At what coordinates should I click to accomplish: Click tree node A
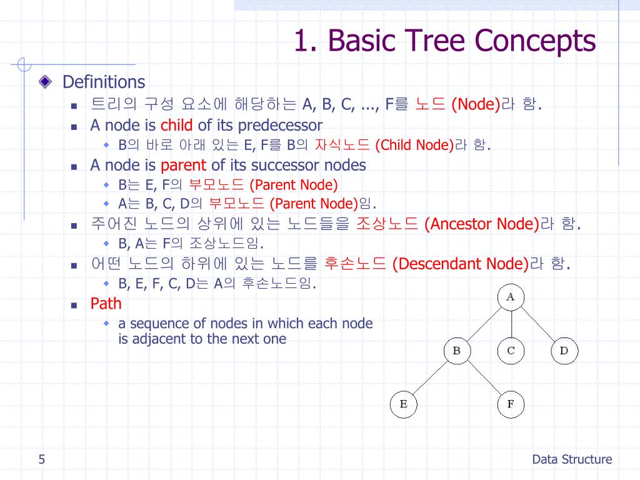click(x=511, y=297)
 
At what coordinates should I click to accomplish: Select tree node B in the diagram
click(x=456, y=351)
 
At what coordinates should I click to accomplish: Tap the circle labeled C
click(x=511, y=351)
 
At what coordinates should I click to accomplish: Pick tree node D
click(x=564, y=351)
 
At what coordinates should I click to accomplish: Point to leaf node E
click(x=403, y=404)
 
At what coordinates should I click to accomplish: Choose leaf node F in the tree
click(x=510, y=404)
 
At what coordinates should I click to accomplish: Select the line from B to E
click(x=430, y=377)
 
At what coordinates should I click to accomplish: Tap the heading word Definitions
click(x=104, y=82)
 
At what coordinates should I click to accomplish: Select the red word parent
click(x=183, y=165)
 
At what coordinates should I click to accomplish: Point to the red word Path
click(x=106, y=304)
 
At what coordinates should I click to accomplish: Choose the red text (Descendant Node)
click(x=461, y=264)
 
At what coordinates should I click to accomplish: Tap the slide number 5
click(x=41, y=460)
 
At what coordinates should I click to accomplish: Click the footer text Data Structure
click(x=572, y=460)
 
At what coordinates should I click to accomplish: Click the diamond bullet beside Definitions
click(x=45, y=82)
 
